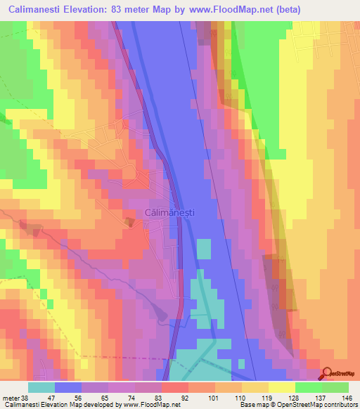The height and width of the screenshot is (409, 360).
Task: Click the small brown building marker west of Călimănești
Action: [129, 222]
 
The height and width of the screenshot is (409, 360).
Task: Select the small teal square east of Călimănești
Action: [203, 249]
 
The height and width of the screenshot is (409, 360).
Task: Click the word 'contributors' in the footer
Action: [339, 405]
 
